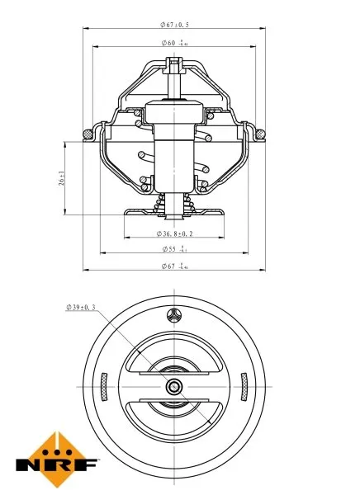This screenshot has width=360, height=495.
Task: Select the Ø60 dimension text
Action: click(x=173, y=42)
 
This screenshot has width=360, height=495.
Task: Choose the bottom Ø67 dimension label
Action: click(x=173, y=266)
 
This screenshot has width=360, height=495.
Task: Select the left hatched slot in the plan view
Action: click(x=102, y=385)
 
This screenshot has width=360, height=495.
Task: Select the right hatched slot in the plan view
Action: click(x=245, y=385)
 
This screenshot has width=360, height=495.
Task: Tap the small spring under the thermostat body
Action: click(x=173, y=203)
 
